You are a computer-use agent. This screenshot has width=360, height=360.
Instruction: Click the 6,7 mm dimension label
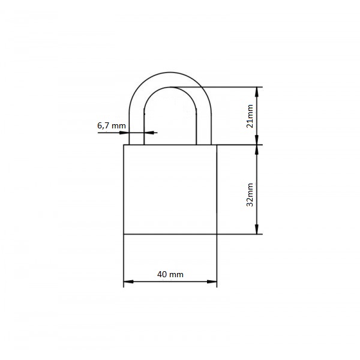coord(112,126)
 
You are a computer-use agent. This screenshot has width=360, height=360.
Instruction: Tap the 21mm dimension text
coord(250,116)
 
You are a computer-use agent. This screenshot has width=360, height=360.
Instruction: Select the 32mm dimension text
coord(250,194)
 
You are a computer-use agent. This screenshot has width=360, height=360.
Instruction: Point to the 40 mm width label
coord(170,274)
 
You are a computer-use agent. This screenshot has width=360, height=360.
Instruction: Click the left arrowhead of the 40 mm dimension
coord(128,281)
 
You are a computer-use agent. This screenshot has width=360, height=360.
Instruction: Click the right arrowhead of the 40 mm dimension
coord(212,281)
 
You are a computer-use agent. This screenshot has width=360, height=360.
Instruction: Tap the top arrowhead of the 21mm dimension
coord(257,92)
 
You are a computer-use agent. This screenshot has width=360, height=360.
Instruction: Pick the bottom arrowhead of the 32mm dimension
coord(257,229)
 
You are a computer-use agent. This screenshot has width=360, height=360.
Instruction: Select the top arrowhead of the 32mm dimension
coord(257,149)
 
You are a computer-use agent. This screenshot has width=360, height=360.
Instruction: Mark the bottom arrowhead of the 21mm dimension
coord(257,140)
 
